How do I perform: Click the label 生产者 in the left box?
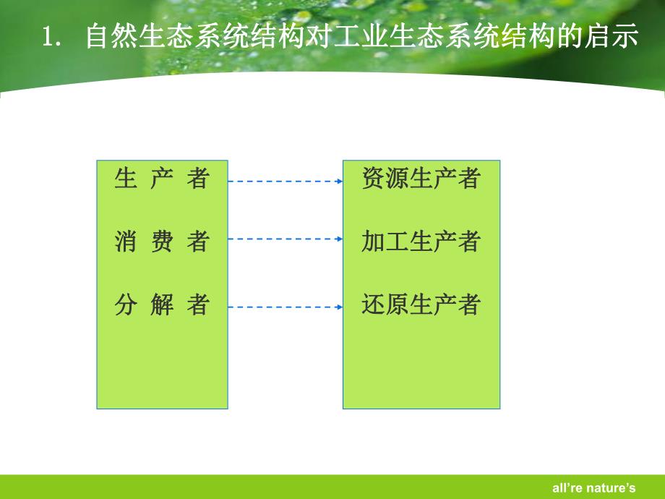tap(161, 179)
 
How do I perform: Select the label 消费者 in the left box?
tap(161, 242)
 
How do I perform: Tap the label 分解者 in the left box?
tap(161, 305)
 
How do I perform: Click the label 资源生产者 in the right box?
tap(421, 179)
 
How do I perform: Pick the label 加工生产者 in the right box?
tap(421, 242)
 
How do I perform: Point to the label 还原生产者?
tap(421, 305)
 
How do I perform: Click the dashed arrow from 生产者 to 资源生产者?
tap(285, 182)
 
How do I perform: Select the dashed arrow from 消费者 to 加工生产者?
tap(285, 238)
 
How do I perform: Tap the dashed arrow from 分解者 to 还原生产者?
tap(285, 307)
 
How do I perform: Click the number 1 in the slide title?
tap(51, 38)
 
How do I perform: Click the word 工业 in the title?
tap(361, 37)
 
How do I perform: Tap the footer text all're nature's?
tap(601, 488)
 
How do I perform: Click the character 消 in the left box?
tap(125, 242)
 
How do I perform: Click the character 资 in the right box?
tap(373, 179)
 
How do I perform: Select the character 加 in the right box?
tap(373, 242)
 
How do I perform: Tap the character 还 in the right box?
tap(373, 305)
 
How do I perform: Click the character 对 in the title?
tap(319, 37)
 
